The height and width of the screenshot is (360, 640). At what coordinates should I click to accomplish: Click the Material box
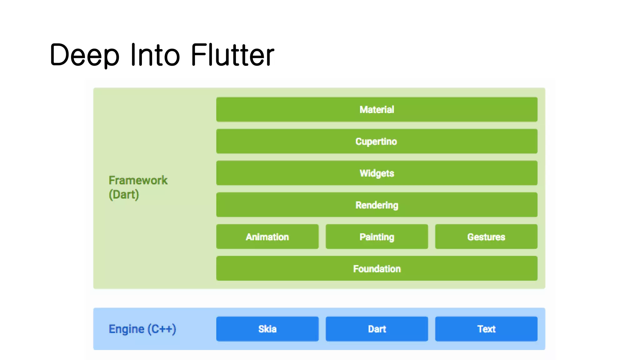click(x=377, y=109)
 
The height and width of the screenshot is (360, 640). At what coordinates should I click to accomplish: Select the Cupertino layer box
click(x=377, y=141)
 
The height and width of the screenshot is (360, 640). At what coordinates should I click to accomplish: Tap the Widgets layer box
click(x=377, y=173)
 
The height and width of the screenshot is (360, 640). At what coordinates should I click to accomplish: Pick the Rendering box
click(x=377, y=205)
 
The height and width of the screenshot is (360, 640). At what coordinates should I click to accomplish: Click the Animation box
click(x=267, y=237)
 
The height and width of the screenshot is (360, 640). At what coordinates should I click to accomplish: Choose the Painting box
click(x=377, y=237)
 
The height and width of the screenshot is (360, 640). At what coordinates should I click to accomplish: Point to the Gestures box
click(x=486, y=237)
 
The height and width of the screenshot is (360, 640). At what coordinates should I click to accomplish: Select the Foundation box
click(x=377, y=269)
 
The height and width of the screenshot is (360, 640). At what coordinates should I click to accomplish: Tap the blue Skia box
click(x=267, y=329)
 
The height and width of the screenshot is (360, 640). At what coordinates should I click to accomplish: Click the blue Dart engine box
click(x=377, y=329)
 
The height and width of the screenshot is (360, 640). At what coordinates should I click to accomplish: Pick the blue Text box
click(x=486, y=329)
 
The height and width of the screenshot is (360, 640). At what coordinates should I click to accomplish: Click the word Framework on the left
click(x=138, y=180)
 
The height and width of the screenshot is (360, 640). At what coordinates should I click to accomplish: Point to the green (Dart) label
click(x=124, y=195)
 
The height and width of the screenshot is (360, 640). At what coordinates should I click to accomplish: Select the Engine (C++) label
click(x=142, y=329)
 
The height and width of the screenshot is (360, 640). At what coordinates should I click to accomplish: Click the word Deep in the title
click(x=84, y=55)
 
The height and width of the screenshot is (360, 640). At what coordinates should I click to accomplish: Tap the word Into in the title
click(x=155, y=55)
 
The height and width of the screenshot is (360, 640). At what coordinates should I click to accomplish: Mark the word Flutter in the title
click(x=232, y=55)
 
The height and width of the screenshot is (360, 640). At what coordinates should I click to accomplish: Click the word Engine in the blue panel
click(x=126, y=329)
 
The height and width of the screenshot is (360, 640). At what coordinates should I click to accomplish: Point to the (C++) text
click(x=162, y=329)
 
